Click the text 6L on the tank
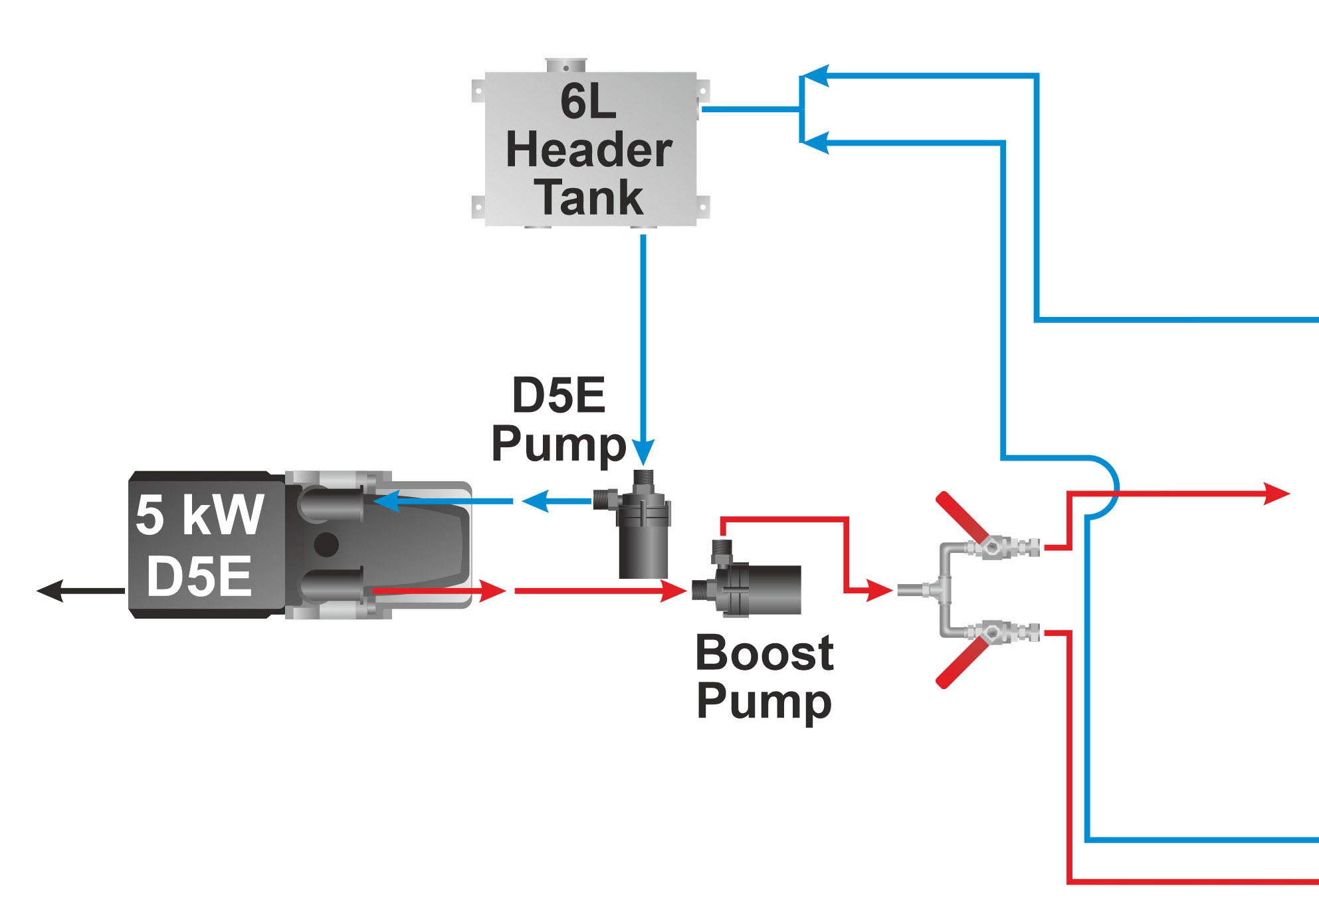[x=588, y=102]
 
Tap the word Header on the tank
[x=589, y=150]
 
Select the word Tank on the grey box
[x=589, y=197]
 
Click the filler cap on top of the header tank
[x=565, y=65]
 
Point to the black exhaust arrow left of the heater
[x=52, y=590]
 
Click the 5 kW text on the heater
[x=199, y=515]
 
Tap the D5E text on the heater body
[x=199, y=576]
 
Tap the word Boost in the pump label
[x=763, y=653]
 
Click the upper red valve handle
[x=962, y=516]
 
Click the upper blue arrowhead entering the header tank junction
[x=816, y=76]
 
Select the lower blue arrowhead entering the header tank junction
[x=816, y=143]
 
